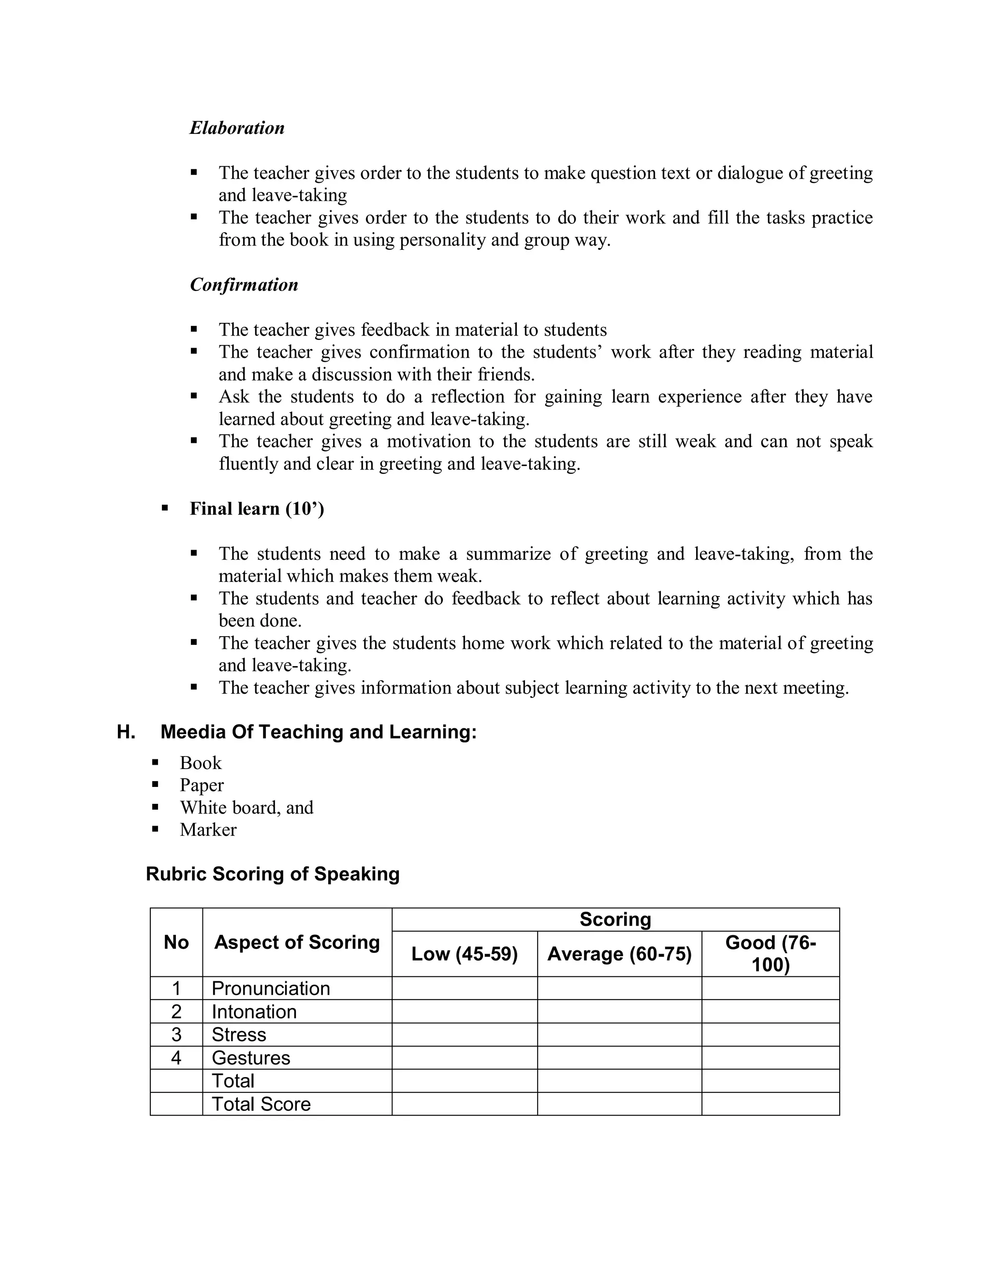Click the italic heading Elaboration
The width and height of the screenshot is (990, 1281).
pyautogui.click(x=237, y=128)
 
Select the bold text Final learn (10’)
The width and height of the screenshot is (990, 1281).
pyautogui.click(x=257, y=509)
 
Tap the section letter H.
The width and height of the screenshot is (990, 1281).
pyautogui.click(x=126, y=732)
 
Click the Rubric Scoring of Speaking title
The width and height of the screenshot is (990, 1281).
pyautogui.click(x=273, y=874)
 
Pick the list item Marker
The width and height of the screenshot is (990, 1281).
pyautogui.click(x=208, y=830)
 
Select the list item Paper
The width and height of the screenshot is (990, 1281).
pyautogui.click(x=202, y=786)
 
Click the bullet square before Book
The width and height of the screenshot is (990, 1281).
pyautogui.click(x=156, y=762)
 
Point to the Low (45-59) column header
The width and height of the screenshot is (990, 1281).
pyautogui.click(x=465, y=954)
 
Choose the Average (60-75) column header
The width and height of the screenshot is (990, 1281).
pyautogui.click(x=619, y=954)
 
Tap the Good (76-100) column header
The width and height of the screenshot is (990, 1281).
pyautogui.click(x=771, y=954)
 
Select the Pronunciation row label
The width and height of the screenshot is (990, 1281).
pyautogui.click(x=271, y=989)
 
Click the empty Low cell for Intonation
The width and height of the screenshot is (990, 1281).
pyautogui.click(x=465, y=1012)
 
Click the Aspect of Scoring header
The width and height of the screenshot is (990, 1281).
pyautogui.click(x=297, y=943)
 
